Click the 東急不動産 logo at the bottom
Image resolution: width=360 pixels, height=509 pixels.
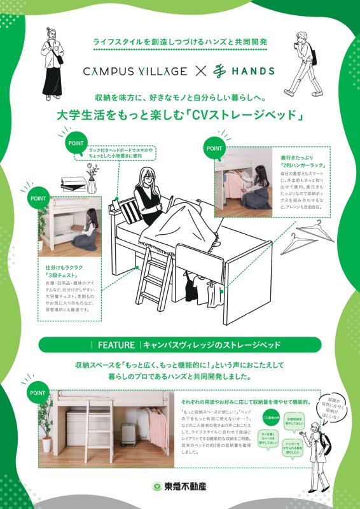pos(179,487)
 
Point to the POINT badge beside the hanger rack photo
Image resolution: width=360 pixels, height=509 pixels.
pos(214,148)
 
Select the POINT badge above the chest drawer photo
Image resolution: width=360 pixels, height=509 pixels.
pos(38,198)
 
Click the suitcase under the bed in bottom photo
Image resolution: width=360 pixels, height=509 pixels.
pos(129,434)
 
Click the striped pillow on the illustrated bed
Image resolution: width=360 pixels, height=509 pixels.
pos(130,208)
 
